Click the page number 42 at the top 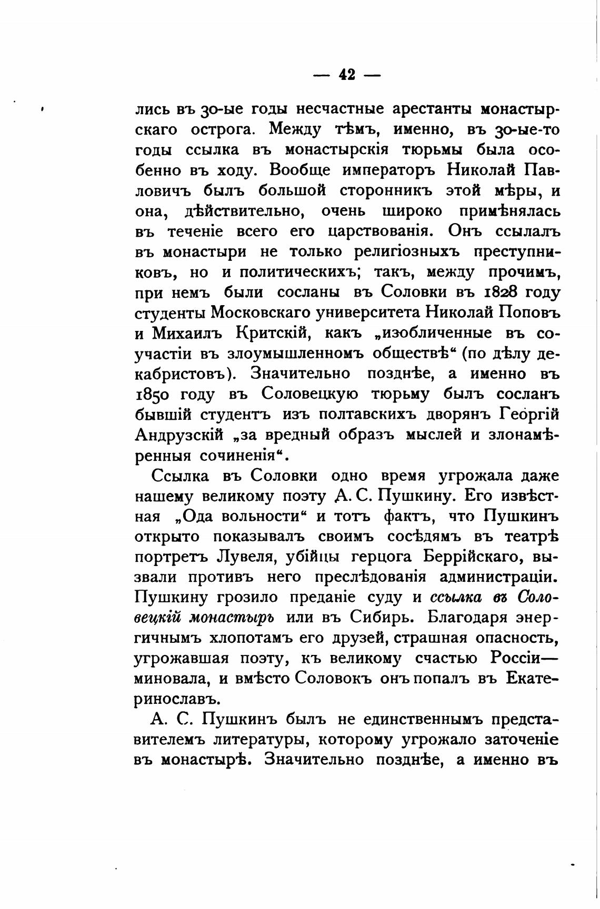pyautogui.click(x=346, y=75)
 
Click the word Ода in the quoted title pyautogui.click(x=204, y=517)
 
